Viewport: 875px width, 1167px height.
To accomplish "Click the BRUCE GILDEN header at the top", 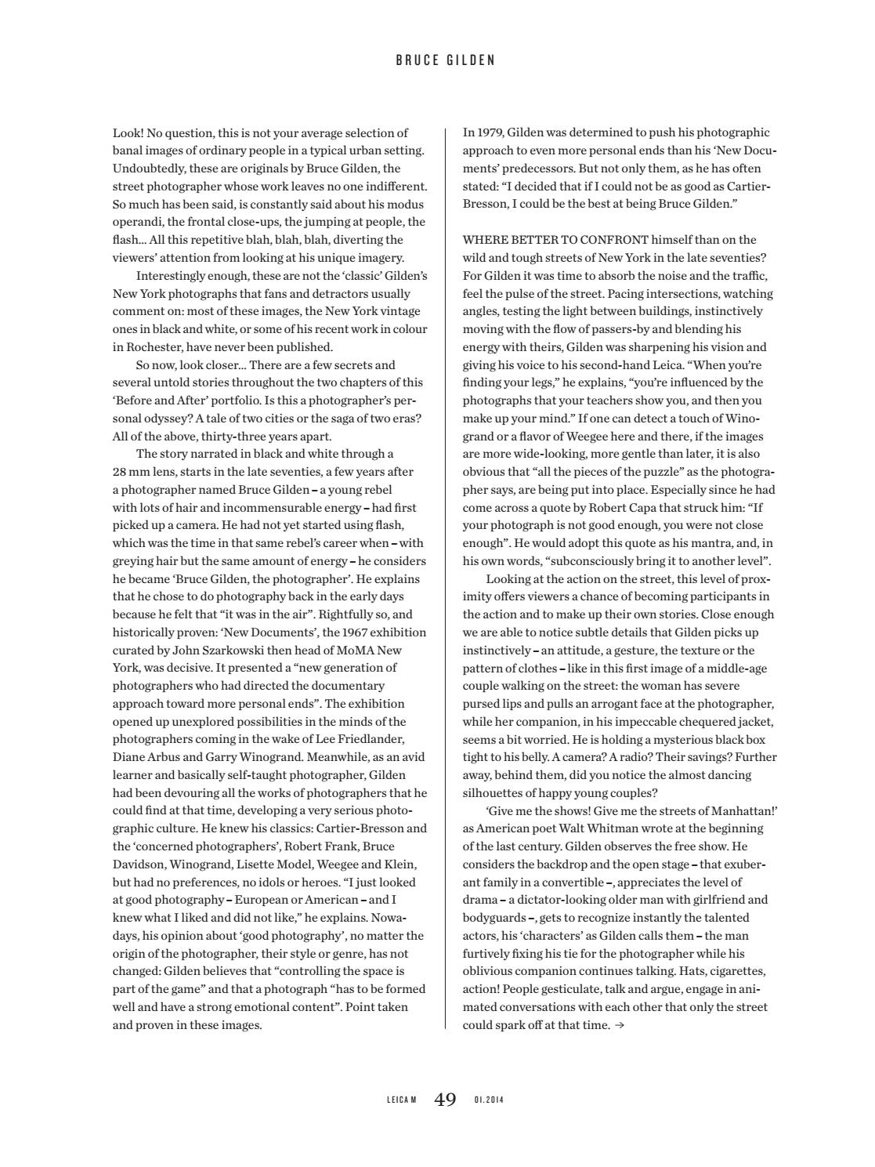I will click(x=445, y=60).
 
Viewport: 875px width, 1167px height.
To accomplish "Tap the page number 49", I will click(x=445, y=1100).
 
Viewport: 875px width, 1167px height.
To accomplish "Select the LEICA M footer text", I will click(x=402, y=1100).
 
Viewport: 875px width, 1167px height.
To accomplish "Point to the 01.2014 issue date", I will click(x=489, y=1100).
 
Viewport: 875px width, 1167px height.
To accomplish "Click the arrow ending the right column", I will click(x=620, y=1025).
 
